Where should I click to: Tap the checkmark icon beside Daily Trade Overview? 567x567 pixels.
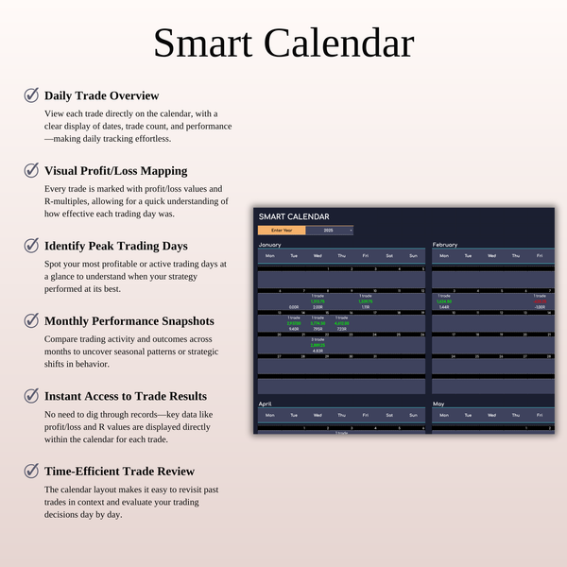31,95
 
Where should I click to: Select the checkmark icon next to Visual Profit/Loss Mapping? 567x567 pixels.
31,170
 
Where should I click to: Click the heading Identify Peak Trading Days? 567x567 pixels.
114,246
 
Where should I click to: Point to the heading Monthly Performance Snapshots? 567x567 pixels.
129,320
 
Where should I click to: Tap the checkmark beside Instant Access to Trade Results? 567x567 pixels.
31,396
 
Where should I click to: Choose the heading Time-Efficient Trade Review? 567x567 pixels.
119,471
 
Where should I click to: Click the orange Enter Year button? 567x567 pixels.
282,230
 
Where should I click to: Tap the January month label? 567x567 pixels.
269,244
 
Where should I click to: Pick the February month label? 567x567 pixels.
445,244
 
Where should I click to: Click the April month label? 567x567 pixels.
266,404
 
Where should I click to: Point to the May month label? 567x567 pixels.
439,404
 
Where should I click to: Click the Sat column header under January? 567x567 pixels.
389,256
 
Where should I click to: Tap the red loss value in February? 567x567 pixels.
540,301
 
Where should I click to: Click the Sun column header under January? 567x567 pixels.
413,256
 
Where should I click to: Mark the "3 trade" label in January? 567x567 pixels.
318,338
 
